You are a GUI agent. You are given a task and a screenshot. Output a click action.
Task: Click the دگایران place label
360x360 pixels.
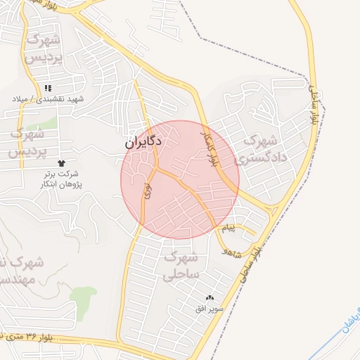click(143, 142)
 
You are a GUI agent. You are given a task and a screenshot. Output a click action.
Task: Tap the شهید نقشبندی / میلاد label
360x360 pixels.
click(47, 99)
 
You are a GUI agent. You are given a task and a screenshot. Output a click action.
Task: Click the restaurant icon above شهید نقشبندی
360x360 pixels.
click(48, 88)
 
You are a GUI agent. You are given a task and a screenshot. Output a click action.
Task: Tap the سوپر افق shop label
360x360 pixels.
click(210, 308)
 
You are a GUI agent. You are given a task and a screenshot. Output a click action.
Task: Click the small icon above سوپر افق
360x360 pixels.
click(210, 298)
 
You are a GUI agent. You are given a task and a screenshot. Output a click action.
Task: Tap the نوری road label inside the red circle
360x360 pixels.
click(148, 189)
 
